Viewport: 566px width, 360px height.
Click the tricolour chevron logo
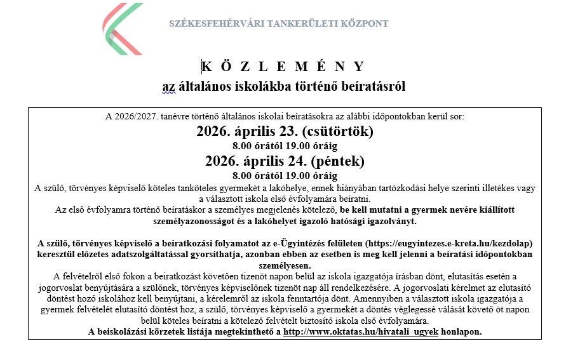coord(124,29)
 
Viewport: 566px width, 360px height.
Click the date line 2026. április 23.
coord(248,132)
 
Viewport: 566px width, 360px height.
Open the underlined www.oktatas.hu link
coord(361,332)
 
